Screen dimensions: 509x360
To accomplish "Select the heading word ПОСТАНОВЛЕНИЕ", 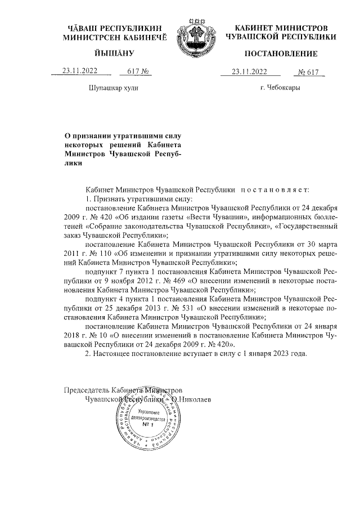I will point(281,54).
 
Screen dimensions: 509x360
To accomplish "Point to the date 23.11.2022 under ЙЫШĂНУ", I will point(81,71).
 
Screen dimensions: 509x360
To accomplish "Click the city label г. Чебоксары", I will point(280,88).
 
